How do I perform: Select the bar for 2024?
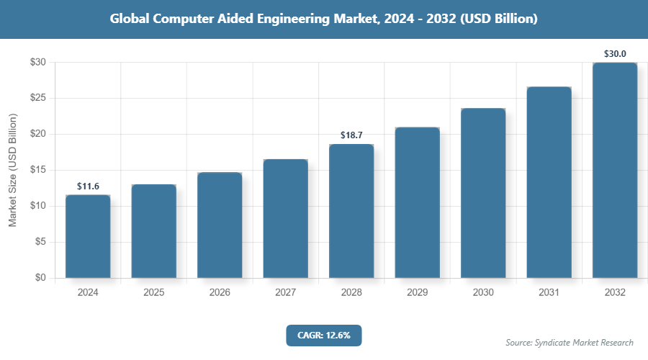tap(88, 236)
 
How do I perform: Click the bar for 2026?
tap(220, 225)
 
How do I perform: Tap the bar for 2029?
tap(417, 202)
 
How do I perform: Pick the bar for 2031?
tap(549, 182)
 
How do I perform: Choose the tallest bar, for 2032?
tap(615, 170)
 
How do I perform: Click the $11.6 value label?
tap(88, 186)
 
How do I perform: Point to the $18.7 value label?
tap(351, 135)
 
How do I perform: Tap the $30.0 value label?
tap(615, 53)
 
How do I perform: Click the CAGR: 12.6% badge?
tap(323, 335)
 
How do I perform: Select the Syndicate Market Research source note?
tap(570, 342)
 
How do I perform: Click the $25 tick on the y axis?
tap(38, 98)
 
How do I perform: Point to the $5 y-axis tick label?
tap(41, 242)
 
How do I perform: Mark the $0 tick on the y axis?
tap(41, 278)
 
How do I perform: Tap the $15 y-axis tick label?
tap(38, 170)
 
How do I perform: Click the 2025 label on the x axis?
tap(153, 293)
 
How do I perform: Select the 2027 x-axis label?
tap(285, 293)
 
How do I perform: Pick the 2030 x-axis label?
tap(483, 293)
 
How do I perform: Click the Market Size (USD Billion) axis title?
tap(12, 170)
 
